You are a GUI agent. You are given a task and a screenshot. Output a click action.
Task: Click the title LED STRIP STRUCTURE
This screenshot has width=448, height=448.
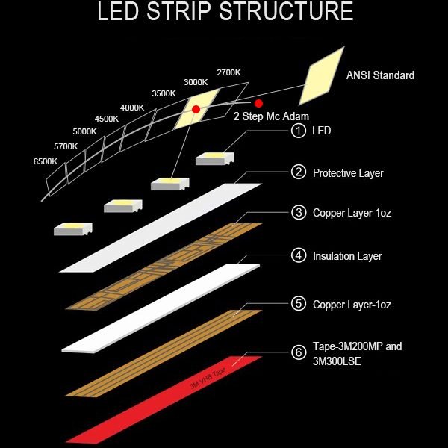click(224, 13)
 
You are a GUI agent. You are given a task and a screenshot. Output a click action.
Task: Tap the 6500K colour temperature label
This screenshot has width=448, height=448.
click(46, 161)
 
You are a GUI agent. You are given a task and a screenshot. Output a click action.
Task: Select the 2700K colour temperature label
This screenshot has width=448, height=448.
click(228, 73)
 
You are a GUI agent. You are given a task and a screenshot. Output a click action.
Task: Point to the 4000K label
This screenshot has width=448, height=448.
click(131, 108)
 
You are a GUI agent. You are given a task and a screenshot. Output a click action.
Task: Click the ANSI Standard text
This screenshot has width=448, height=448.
click(380, 75)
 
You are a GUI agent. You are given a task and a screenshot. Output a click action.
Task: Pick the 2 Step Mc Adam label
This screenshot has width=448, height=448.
click(271, 116)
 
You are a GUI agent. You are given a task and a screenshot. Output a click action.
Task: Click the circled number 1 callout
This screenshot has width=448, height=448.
click(299, 131)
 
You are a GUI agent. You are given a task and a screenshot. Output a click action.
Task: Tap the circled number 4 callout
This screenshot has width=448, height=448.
click(299, 255)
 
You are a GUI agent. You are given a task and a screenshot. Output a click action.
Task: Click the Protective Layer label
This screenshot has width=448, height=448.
click(348, 173)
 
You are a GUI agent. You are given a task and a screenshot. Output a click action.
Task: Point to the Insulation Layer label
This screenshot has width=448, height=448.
click(347, 256)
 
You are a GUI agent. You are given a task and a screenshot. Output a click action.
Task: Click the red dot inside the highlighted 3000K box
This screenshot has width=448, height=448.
click(196, 109)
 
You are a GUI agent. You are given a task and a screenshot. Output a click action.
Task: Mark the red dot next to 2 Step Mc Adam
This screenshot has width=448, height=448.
click(259, 102)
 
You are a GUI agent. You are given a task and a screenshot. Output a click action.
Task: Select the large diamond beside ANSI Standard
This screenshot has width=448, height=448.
click(322, 75)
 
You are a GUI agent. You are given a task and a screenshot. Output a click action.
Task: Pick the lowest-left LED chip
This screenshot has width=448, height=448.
click(72, 228)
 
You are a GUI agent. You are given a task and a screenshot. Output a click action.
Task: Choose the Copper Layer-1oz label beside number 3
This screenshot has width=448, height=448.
click(352, 214)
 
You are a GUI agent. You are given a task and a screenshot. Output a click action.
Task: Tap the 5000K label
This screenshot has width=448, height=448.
click(84, 132)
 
